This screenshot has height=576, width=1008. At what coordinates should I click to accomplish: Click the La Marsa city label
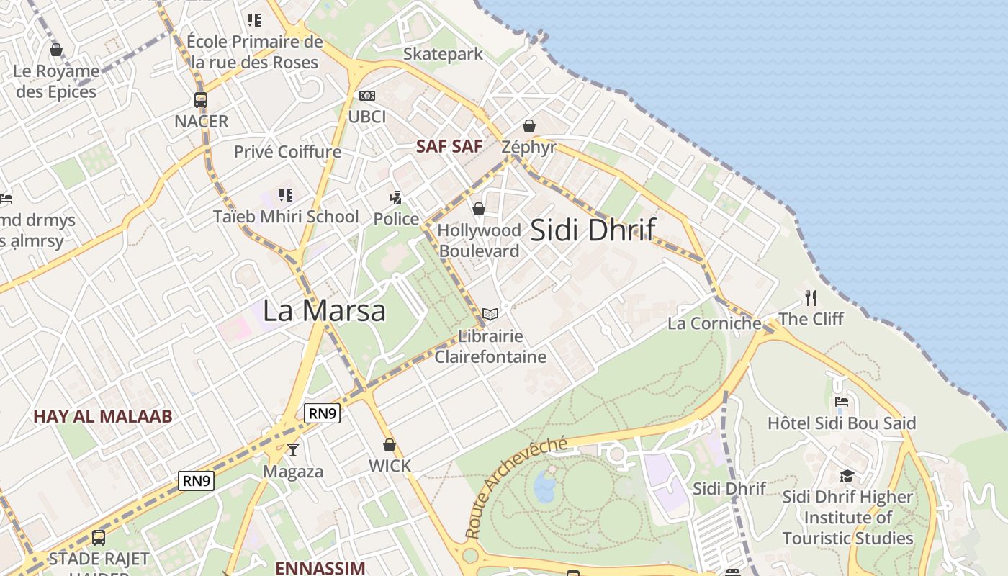point(324,310)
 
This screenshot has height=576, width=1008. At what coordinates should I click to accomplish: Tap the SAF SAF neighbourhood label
point(449,146)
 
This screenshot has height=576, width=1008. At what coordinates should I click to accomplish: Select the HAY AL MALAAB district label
point(103,416)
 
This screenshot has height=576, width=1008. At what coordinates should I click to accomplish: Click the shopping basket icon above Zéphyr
point(529,127)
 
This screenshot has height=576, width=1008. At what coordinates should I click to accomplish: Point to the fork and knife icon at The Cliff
point(811,297)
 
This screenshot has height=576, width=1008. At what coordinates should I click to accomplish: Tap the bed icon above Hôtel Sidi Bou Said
point(842,402)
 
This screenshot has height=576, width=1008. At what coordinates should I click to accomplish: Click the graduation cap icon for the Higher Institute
point(847,477)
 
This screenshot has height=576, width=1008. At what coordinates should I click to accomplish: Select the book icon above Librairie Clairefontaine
point(490,315)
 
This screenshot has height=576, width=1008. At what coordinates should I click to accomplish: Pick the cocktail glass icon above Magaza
point(292,450)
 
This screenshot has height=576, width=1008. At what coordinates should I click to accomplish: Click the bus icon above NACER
point(201,100)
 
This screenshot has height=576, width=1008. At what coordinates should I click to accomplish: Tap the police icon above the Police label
point(395,197)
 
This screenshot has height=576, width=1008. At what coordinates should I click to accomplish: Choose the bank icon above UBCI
point(367,96)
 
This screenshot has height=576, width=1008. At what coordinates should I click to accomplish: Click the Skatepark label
point(443,54)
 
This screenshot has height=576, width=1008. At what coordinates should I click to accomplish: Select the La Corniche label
point(714,323)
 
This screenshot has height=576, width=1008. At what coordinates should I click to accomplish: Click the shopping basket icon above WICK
point(390,445)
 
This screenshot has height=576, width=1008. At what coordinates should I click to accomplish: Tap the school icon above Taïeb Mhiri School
point(286,195)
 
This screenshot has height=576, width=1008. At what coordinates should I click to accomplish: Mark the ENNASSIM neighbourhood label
point(320,568)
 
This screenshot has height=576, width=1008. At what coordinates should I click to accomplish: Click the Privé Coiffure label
point(287,152)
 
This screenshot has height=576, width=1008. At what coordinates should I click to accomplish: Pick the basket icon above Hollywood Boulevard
point(479,210)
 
